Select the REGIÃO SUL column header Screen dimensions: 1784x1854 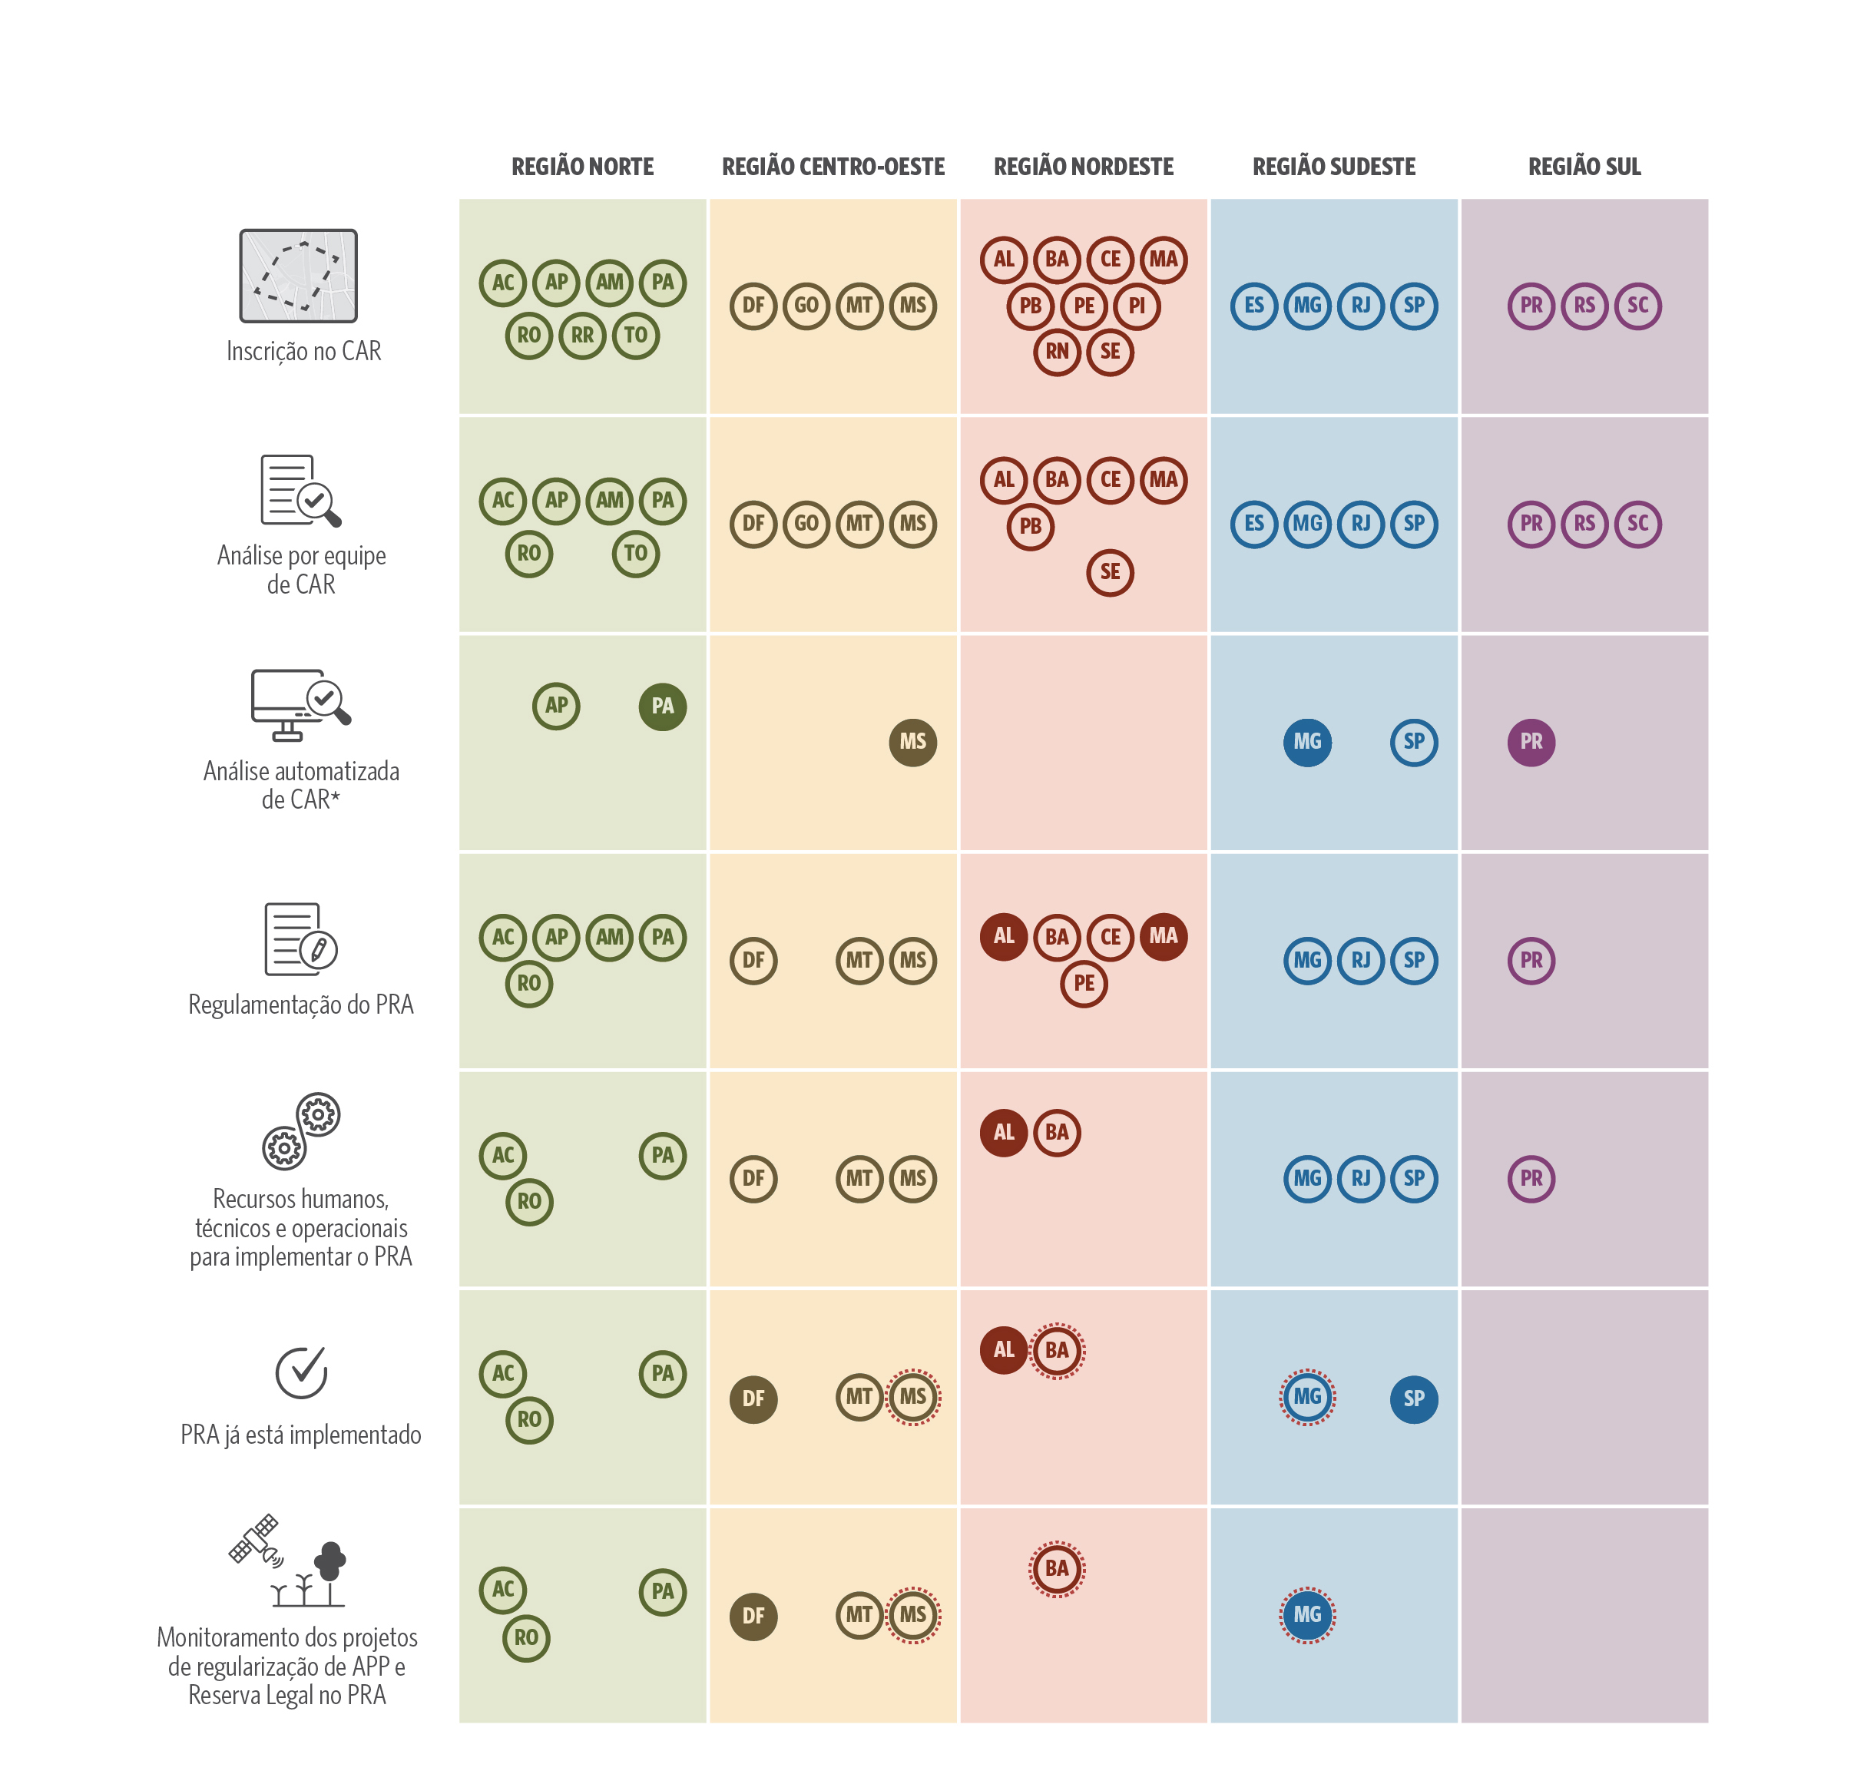coord(1584,167)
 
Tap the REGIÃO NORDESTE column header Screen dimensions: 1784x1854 coord(1083,167)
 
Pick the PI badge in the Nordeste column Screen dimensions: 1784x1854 coord(1136,306)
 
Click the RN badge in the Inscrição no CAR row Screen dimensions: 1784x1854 coord(1057,352)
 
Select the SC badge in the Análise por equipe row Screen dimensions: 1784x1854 coord(1637,523)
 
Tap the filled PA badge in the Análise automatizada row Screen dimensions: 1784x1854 coord(662,706)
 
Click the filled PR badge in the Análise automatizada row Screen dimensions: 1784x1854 coord(1531,742)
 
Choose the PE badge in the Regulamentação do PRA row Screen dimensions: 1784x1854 coord(1083,983)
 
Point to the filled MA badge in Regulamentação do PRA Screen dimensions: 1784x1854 coord(1163,936)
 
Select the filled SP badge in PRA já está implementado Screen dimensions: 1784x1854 coord(1413,1398)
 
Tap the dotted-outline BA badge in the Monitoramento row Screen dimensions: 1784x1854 coord(1057,1568)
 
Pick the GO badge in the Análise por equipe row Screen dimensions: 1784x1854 coord(806,523)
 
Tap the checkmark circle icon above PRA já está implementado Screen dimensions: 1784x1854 coord(301,1372)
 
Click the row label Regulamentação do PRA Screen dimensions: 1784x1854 coord(301,1005)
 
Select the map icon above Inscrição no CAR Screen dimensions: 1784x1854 coord(298,275)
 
